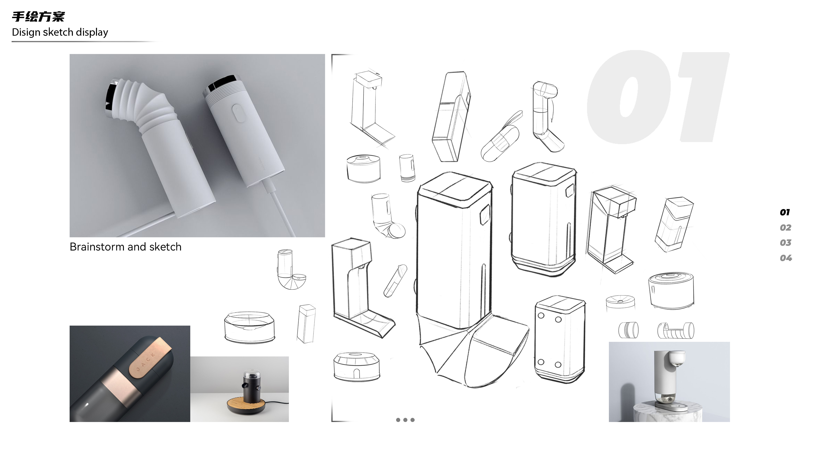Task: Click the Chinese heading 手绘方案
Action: (38, 16)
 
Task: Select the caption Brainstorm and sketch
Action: (126, 247)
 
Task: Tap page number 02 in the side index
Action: (785, 228)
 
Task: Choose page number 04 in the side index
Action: (785, 258)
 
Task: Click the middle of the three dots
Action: (405, 420)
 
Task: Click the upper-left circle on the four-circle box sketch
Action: (541, 316)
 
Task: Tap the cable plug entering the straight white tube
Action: (269, 186)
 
